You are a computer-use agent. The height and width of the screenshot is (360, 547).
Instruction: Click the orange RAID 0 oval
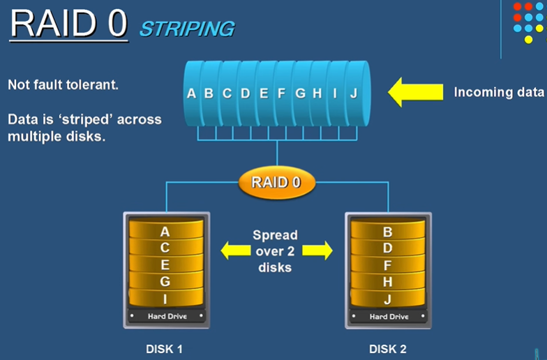(x=277, y=183)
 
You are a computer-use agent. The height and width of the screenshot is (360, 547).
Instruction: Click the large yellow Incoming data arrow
(x=416, y=92)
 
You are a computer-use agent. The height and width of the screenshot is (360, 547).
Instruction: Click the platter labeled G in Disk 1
(x=165, y=282)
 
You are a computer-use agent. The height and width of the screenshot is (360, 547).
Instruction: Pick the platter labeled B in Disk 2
(x=388, y=232)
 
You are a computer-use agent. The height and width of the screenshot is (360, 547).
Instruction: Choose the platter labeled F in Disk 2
(x=388, y=265)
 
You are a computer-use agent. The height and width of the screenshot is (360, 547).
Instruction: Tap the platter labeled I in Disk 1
(x=165, y=299)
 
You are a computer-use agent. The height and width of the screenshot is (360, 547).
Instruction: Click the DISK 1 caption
(x=165, y=348)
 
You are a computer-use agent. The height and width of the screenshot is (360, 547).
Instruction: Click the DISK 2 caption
(x=388, y=348)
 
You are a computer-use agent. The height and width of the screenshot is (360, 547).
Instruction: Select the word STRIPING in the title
(x=186, y=29)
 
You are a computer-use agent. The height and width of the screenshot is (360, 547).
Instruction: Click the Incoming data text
(x=498, y=92)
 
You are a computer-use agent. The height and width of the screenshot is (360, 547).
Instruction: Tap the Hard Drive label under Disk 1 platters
(x=165, y=317)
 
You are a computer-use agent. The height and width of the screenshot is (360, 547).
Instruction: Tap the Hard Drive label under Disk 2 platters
(x=388, y=317)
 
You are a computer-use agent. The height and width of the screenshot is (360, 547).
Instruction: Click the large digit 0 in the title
(x=114, y=24)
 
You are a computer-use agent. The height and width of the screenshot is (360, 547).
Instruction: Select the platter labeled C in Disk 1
(x=165, y=248)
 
